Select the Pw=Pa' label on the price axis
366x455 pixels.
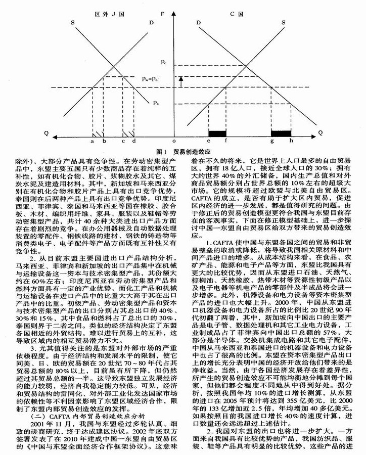pos(151,79)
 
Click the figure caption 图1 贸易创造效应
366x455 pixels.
pos(183,151)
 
